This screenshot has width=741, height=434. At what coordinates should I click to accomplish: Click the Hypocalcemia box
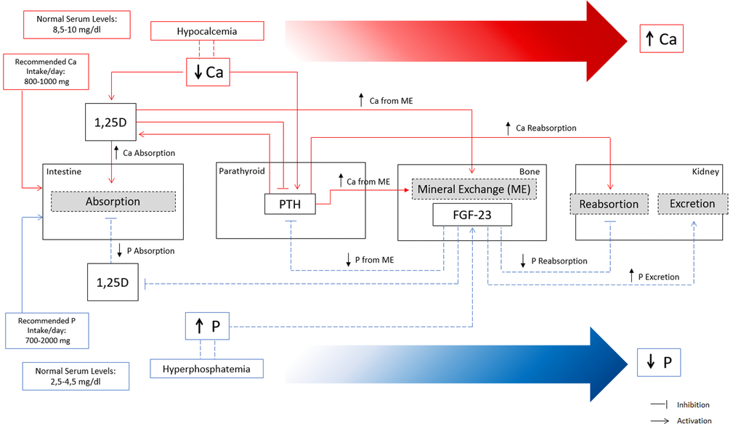pyautogui.click(x=206, y=31)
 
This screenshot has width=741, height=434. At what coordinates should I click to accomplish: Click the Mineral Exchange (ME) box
pyautogui.click(x=474, y=189)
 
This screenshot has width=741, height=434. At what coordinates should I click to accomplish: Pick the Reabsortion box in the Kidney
pyautogui.click(x=609, y=204)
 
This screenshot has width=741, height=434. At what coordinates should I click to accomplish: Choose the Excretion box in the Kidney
pyautogui.click(x=692, y=204)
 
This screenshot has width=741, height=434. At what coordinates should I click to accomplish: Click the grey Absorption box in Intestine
pyautogui.click(x=113, y=201)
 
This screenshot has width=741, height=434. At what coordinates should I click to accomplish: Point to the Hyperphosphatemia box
pyautogui.click(x=206, y=369)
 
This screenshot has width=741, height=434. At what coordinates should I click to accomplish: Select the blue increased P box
pyautogui.click(x=207, y=327)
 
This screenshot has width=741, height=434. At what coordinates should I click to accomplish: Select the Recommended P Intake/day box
pyautogui.click(x=48, y=330)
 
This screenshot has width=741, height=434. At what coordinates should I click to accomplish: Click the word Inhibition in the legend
pyautogui.click(x=693, y=405)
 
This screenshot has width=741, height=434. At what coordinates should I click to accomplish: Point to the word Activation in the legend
pyautogui.click(x=694, y=421)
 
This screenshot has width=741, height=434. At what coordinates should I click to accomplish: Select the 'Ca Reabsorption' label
pyautogui.click(x=546, y=128)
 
